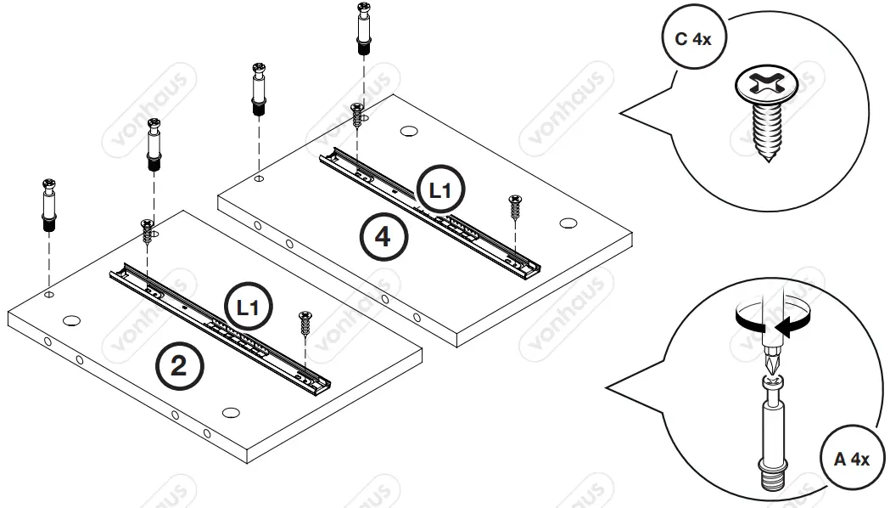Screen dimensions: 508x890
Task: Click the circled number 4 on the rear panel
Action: click(x=383, y=236)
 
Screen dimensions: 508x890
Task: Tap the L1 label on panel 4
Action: click(x=440, y=190)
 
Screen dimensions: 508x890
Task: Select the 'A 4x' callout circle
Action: click(x=851, y=460)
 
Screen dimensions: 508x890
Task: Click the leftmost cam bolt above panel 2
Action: click(x=49, y=206)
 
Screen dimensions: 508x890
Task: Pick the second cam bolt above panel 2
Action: click(x=154, y=144)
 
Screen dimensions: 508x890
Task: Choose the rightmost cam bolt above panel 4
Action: click(x=363, y=31)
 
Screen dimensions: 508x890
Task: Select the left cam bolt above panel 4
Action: click(x=258, y=88)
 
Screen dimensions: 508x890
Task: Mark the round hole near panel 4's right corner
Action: click(x=568, y=223)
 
